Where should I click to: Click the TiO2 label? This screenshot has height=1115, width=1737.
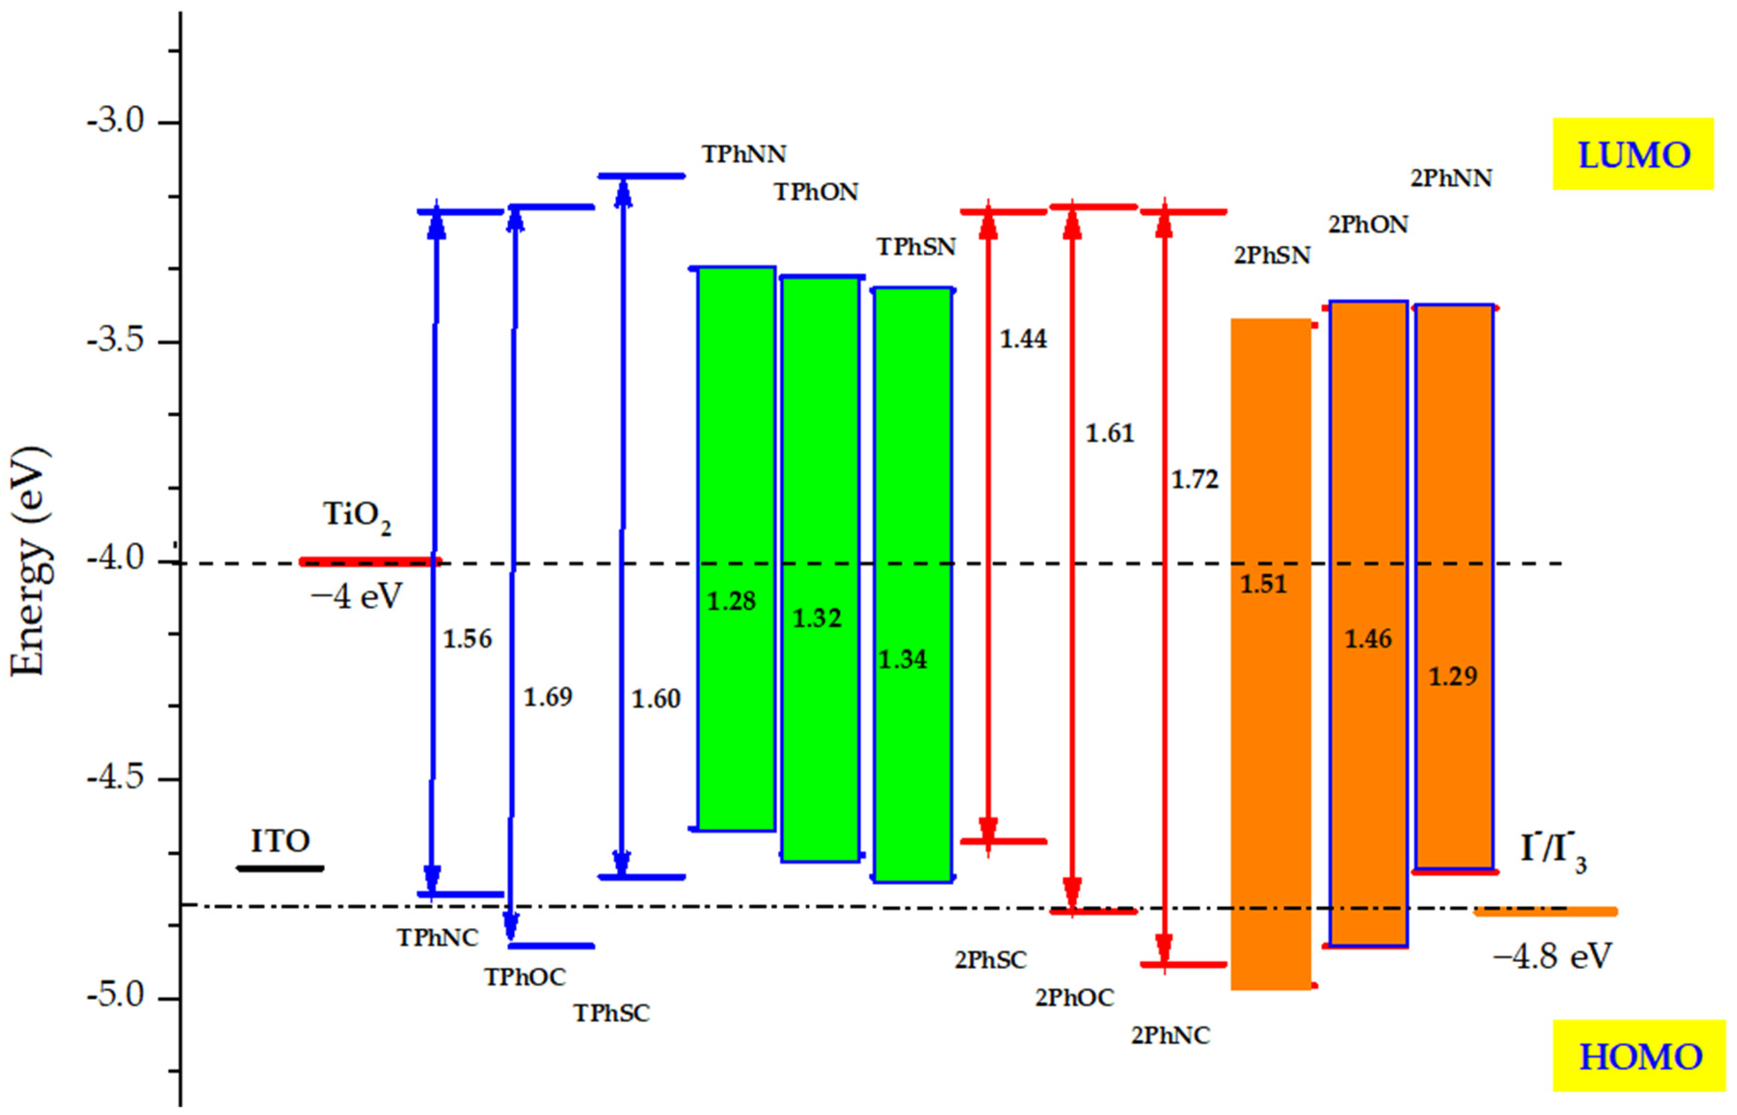pyautogui.click(x=356, y=516)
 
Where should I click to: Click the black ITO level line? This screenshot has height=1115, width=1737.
pyautogui.click(x=280, y=868)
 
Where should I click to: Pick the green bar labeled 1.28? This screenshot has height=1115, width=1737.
pyautogui.click(x=736, y=548)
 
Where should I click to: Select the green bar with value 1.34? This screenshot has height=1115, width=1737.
pyautogui.click(x=912, y=585)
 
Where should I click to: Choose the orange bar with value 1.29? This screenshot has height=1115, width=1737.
pyautogui.click(x=1454, y=586)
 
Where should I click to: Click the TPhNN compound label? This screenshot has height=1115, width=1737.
pyautogui.click(x=743, y=153)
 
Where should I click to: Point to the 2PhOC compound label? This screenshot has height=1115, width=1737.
pyautogui.click(x=1074, y=998)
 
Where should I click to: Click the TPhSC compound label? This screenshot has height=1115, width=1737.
pyautogui.click(x=612, y=1013)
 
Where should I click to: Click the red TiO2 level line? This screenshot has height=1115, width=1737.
pyautogui.click(x=369, y=561)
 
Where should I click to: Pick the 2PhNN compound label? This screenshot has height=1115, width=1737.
pyautogui.click(x=1451, y=178)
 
